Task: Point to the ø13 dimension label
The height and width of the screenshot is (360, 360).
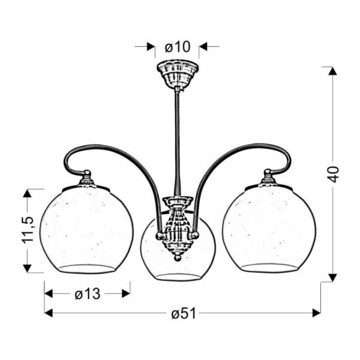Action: click(88, 293)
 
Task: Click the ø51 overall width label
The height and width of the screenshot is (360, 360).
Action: click(182, 313)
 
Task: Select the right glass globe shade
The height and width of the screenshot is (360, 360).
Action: click(268, 230)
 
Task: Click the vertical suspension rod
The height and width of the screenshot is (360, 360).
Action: click(177, 138)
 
